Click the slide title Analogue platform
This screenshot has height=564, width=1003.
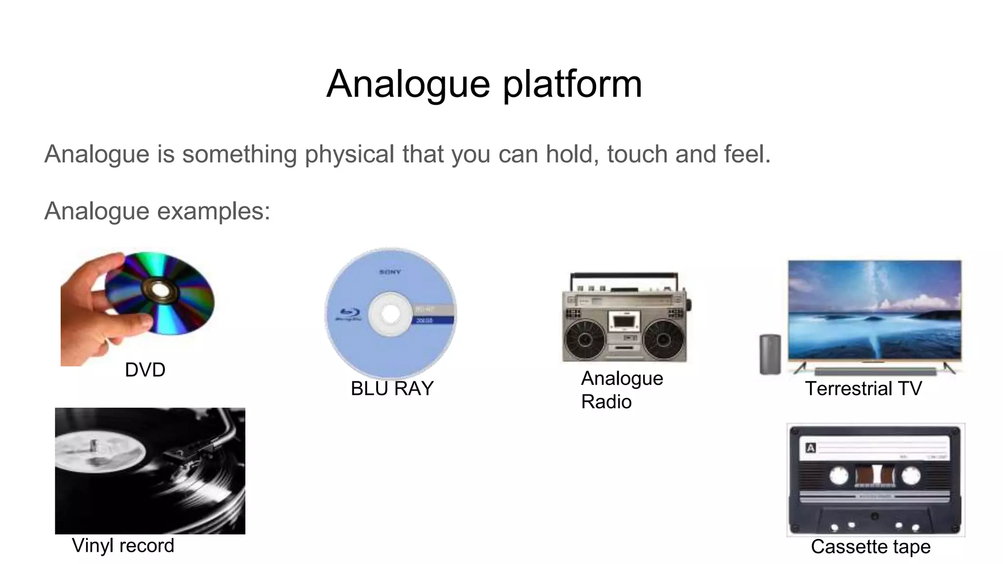tap(484, 84)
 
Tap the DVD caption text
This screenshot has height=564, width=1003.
tap(145, 370)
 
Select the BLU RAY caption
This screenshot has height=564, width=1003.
tap(392, 389)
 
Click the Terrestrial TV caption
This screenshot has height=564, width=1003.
tap(863, 389)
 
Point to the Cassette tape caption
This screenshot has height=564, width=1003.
tap(870, 547)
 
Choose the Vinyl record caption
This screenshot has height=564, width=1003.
tap(123, 546)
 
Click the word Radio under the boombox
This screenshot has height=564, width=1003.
tap(606, 402)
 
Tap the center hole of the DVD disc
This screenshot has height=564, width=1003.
tap(160, 291)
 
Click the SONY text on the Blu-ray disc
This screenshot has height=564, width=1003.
tap(390, 272)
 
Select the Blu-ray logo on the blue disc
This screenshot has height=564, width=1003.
tap(349, 314)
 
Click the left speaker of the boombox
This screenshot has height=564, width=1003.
tap(585, 339)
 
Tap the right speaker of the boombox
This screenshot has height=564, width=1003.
tap(664, 339)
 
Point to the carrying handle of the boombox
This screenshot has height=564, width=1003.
tap(624, 276)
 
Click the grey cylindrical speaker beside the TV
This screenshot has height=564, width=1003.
tap(770, 354)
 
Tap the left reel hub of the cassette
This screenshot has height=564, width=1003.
tap(838, 475)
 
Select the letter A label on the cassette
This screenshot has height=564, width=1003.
tap(811, 448)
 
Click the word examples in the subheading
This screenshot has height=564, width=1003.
tap(214, 211)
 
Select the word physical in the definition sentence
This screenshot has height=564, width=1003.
tap(349, 154)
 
